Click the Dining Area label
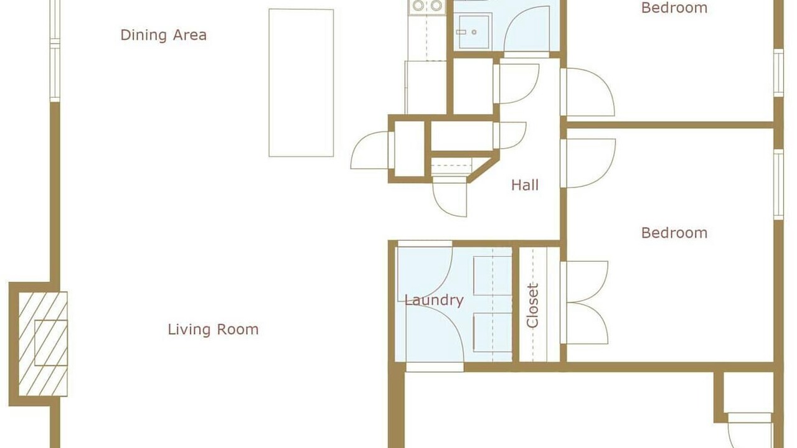pyautogui.click(x=163, y=35)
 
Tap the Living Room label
pyautogui.click(x=213, y=329)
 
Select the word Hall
pyautogui.click(x=525, y=185)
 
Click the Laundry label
pyautogui.click(x=434, y=301)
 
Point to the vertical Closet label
pyautogui.click(x=532, y=305)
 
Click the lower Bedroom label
pyautogui.click(x=674, y=233)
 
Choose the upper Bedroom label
pyautogui.click(x=674, y=8)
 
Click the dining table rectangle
pyautogui.click(x=301, y=83)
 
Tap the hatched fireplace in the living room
pyautogui.click(x=43, y=344)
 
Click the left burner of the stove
pyautogui.click(x=418, y=6)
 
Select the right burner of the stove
pyautogui.click(x=436, y=6)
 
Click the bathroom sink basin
pyautogui.click(x=474, y=32)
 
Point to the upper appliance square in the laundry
pyautogui.click(x=493, y=276)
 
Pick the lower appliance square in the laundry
pyautogui.click(x=493, y=333)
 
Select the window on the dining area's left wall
pyautogui.click(x=55, y=51)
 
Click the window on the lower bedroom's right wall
pyautogui.click(x=779, y=184)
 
